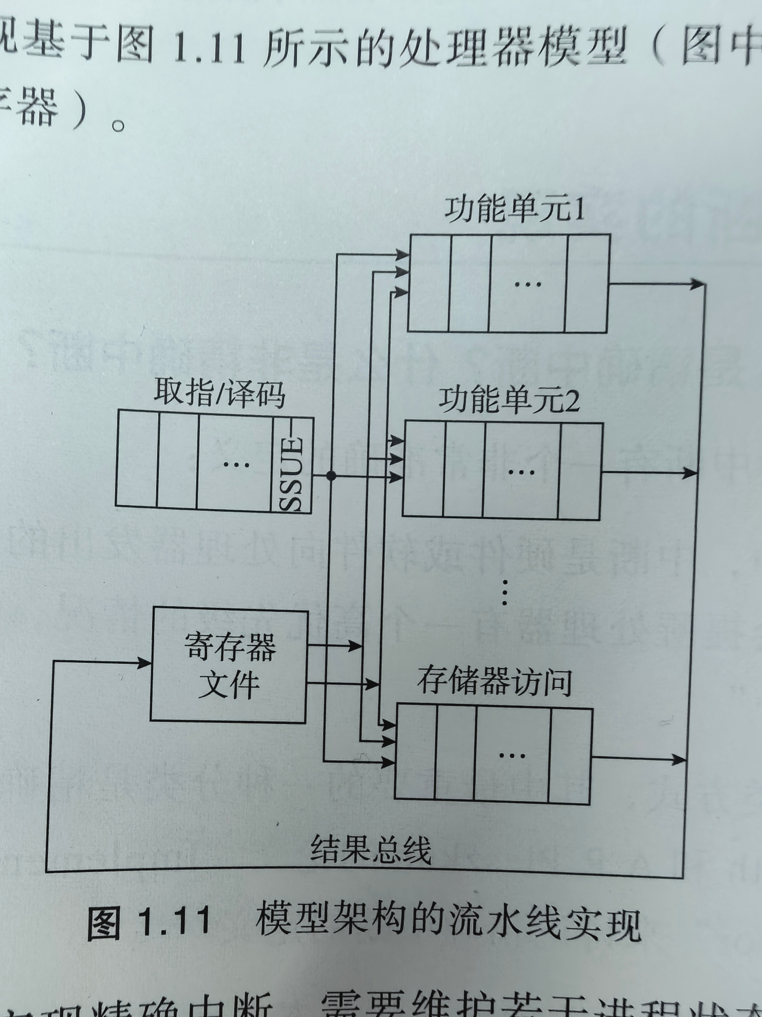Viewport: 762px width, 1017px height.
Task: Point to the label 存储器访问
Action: [x=494, y=683]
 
